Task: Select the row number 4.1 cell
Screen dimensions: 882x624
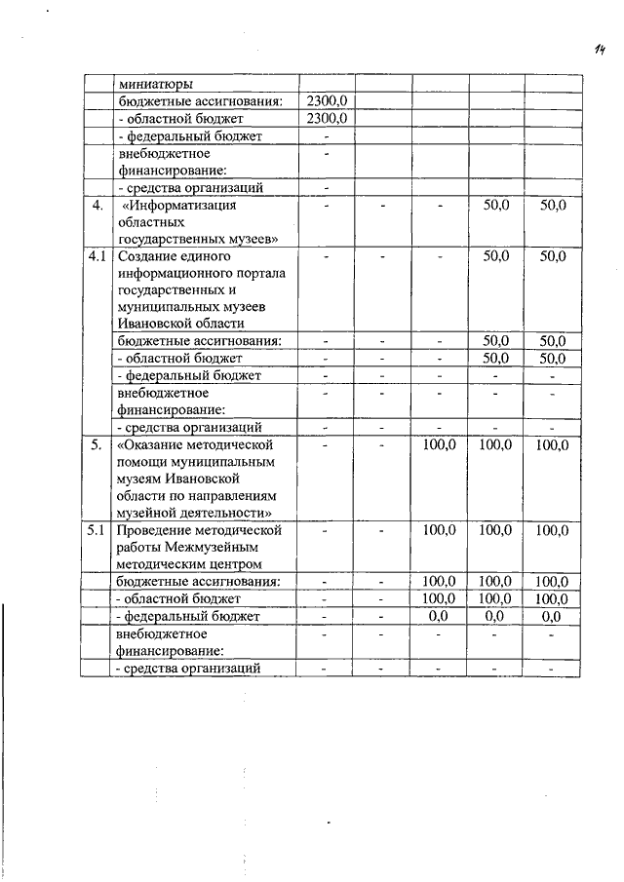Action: [96, 256]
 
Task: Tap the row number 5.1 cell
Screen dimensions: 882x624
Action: [96, 530]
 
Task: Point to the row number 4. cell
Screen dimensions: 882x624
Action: [96, 206]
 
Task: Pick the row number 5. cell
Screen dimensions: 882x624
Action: [96, 444]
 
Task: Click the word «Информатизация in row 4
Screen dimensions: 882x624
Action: [181, 206]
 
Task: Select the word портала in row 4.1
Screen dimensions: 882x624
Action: [259, 273]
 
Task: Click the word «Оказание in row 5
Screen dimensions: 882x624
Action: [150, 444]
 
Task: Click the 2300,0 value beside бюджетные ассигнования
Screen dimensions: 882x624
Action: [326, 100]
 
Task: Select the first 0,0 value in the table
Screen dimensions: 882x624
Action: [439, 617]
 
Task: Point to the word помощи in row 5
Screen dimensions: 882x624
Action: [142, 462]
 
